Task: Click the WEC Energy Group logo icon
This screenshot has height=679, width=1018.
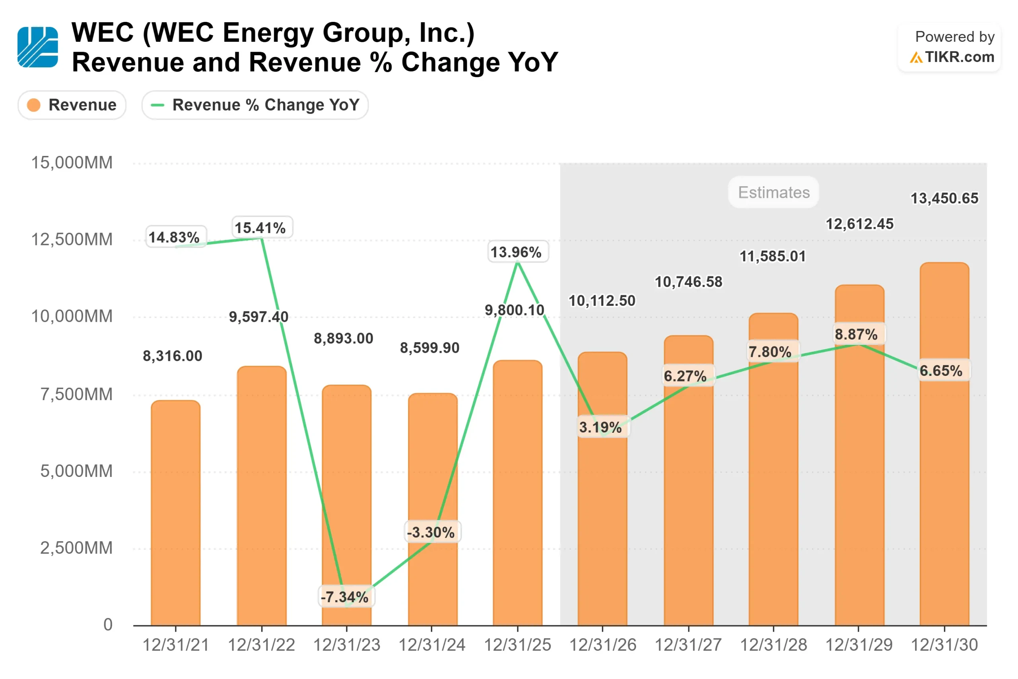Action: pos(38,47)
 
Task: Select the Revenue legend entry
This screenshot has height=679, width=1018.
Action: pos(72,105)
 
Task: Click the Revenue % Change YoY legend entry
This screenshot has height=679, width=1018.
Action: pos(255,105)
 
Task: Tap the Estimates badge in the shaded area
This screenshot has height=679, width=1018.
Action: pos(773,192)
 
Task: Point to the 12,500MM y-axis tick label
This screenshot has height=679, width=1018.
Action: pos(72,239)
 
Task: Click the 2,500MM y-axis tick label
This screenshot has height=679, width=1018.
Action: pos(76,548)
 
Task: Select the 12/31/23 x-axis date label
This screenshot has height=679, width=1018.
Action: pos(347,645)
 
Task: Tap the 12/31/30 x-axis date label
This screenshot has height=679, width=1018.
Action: pos(944,645)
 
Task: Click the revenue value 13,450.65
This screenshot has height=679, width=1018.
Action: pos(944,198)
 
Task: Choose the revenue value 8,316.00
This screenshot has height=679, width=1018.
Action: pos(173,356)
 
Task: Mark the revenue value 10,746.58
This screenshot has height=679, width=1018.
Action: pos(689,282)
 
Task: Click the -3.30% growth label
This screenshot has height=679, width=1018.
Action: pos(431,532)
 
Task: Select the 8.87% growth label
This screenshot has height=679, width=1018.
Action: pos(857,334)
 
